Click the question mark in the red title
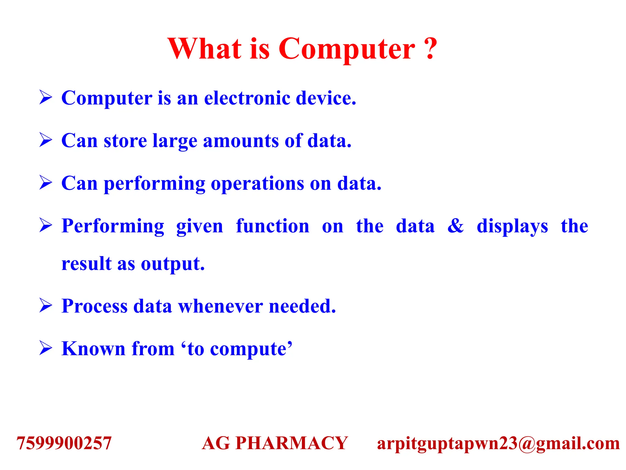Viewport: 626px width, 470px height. click(430, 49)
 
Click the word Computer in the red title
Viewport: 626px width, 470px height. click(347, 49)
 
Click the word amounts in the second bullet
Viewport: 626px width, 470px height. click(241, 141)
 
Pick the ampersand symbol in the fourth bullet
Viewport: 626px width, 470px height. click(455, 226)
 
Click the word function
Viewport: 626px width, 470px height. click(273, 226)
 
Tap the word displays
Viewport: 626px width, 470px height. click(512, 227)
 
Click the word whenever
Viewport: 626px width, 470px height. click(220, 306)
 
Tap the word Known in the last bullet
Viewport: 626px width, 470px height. click(93, 349)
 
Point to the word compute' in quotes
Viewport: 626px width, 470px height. click(251, 349)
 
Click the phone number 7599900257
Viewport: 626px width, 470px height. click(64, 443)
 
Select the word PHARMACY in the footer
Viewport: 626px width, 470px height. click(292, 443)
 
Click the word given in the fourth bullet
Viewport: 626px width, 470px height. click(200, 227)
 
